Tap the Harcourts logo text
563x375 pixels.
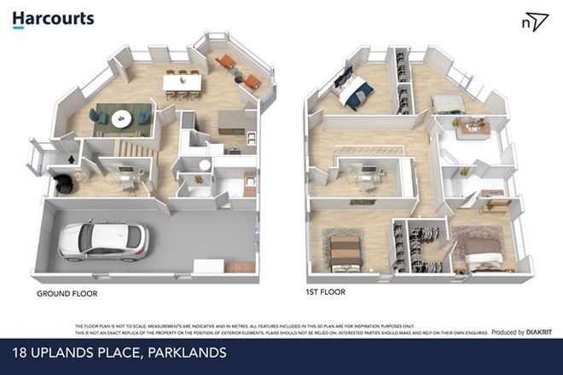tap(54, 18)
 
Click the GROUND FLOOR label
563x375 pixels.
tap(67, 293)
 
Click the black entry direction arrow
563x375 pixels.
tap(70, 158)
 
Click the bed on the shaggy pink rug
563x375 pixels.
tap(480, 250)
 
